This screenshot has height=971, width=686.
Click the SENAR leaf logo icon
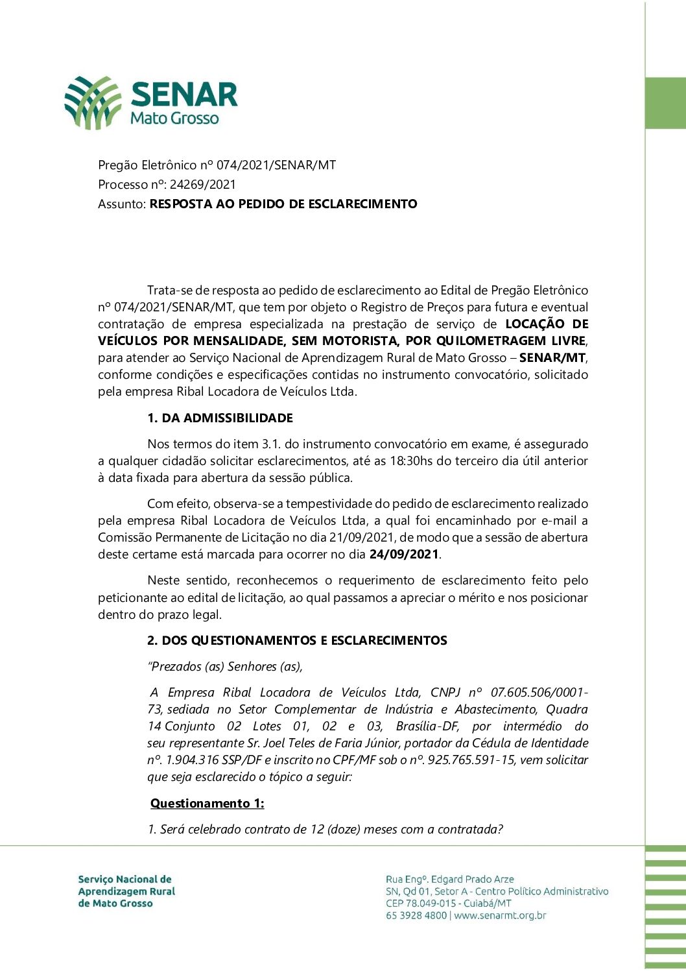tap(93, 102)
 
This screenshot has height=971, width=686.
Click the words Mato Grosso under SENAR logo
tap(174, 119)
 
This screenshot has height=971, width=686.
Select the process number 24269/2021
tap(203, 185)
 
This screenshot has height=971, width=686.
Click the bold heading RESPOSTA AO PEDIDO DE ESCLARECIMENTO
tap(283, 204)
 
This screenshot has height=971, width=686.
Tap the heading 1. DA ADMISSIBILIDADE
tap(220, 418)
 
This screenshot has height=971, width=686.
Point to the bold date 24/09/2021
tap(404, 555)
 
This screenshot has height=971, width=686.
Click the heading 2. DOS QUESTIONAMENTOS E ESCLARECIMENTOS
tap(297, 641)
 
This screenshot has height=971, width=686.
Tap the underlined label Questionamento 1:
tap(207, 804)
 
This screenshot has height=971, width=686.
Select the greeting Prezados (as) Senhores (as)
tap(226, 667)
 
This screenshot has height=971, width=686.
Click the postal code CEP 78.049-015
tap(421, 904)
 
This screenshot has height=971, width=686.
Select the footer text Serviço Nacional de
tap(124, 880)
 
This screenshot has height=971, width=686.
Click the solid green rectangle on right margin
tap(665, 103)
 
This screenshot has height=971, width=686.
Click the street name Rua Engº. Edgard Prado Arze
tap(449, 880)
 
